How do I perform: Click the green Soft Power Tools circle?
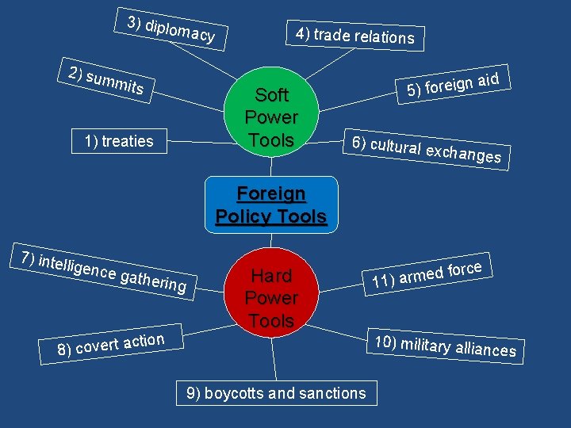coord(271,117)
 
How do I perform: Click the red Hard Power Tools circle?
coord(271,298)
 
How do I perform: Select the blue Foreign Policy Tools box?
coord(271,204)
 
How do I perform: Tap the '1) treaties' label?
coord(119,141)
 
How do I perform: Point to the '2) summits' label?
coord(106,82)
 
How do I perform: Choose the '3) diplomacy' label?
coord(171,28)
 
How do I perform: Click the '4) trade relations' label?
coord(354,36)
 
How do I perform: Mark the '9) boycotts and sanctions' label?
coord(276,392)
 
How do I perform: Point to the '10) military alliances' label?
coord(445,346)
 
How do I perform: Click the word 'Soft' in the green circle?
coord(271,95)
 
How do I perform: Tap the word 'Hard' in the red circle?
coord(271,276)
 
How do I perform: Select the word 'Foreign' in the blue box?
coord(271,193)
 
